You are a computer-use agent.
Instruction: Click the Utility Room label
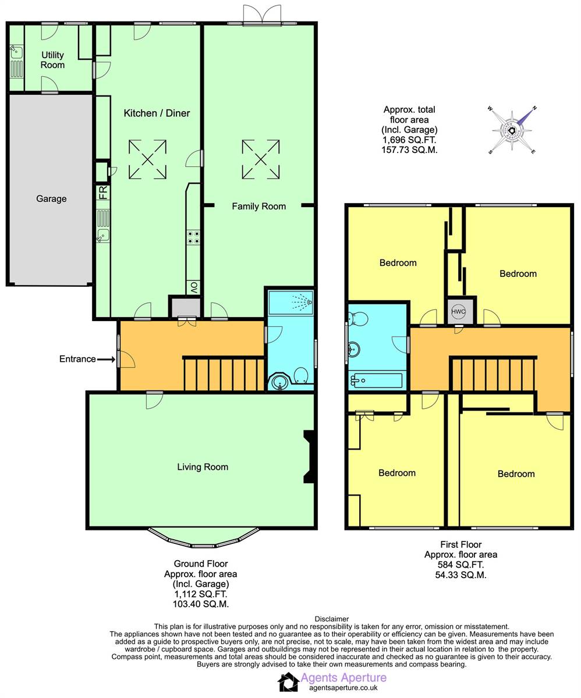point(52,60)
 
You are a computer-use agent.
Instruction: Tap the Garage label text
point(51,199)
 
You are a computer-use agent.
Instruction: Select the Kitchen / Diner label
point(157,113)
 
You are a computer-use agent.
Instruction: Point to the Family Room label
point(258,206)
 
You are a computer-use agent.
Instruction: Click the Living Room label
point(203,467)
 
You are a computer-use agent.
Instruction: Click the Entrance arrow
point(106,359)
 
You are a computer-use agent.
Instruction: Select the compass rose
point(512,130)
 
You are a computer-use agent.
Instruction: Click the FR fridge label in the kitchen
point(103,193)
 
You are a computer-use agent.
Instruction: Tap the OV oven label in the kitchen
point(194,287)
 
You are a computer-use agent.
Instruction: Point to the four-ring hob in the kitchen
point(193,237)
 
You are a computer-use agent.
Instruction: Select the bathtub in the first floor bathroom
point(377,381)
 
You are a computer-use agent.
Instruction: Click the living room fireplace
point(309,457)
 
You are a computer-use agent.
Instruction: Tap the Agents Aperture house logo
point(288,682)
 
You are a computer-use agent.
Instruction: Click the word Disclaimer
point(332,619)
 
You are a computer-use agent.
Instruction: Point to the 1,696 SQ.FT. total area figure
point(409,140)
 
